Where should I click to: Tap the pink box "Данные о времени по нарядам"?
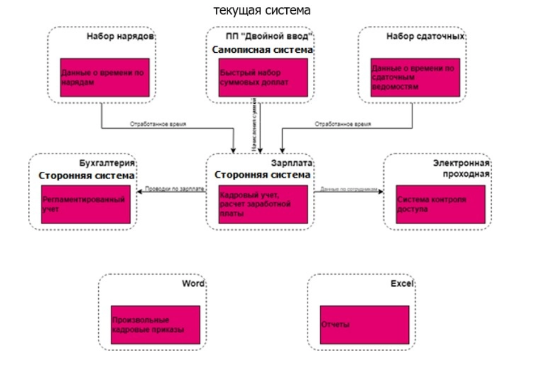pos(105,77)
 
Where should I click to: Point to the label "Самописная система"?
pos(262,50)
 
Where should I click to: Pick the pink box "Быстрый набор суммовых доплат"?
pos(263,77)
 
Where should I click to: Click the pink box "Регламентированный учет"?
pos(85,204)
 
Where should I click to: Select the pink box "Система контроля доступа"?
pos(441,204)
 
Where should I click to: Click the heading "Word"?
pos(192,283)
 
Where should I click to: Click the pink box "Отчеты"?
pos(364,325)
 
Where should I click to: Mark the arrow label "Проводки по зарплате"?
pos(174,189)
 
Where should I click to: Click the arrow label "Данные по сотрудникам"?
pos(349,189)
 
